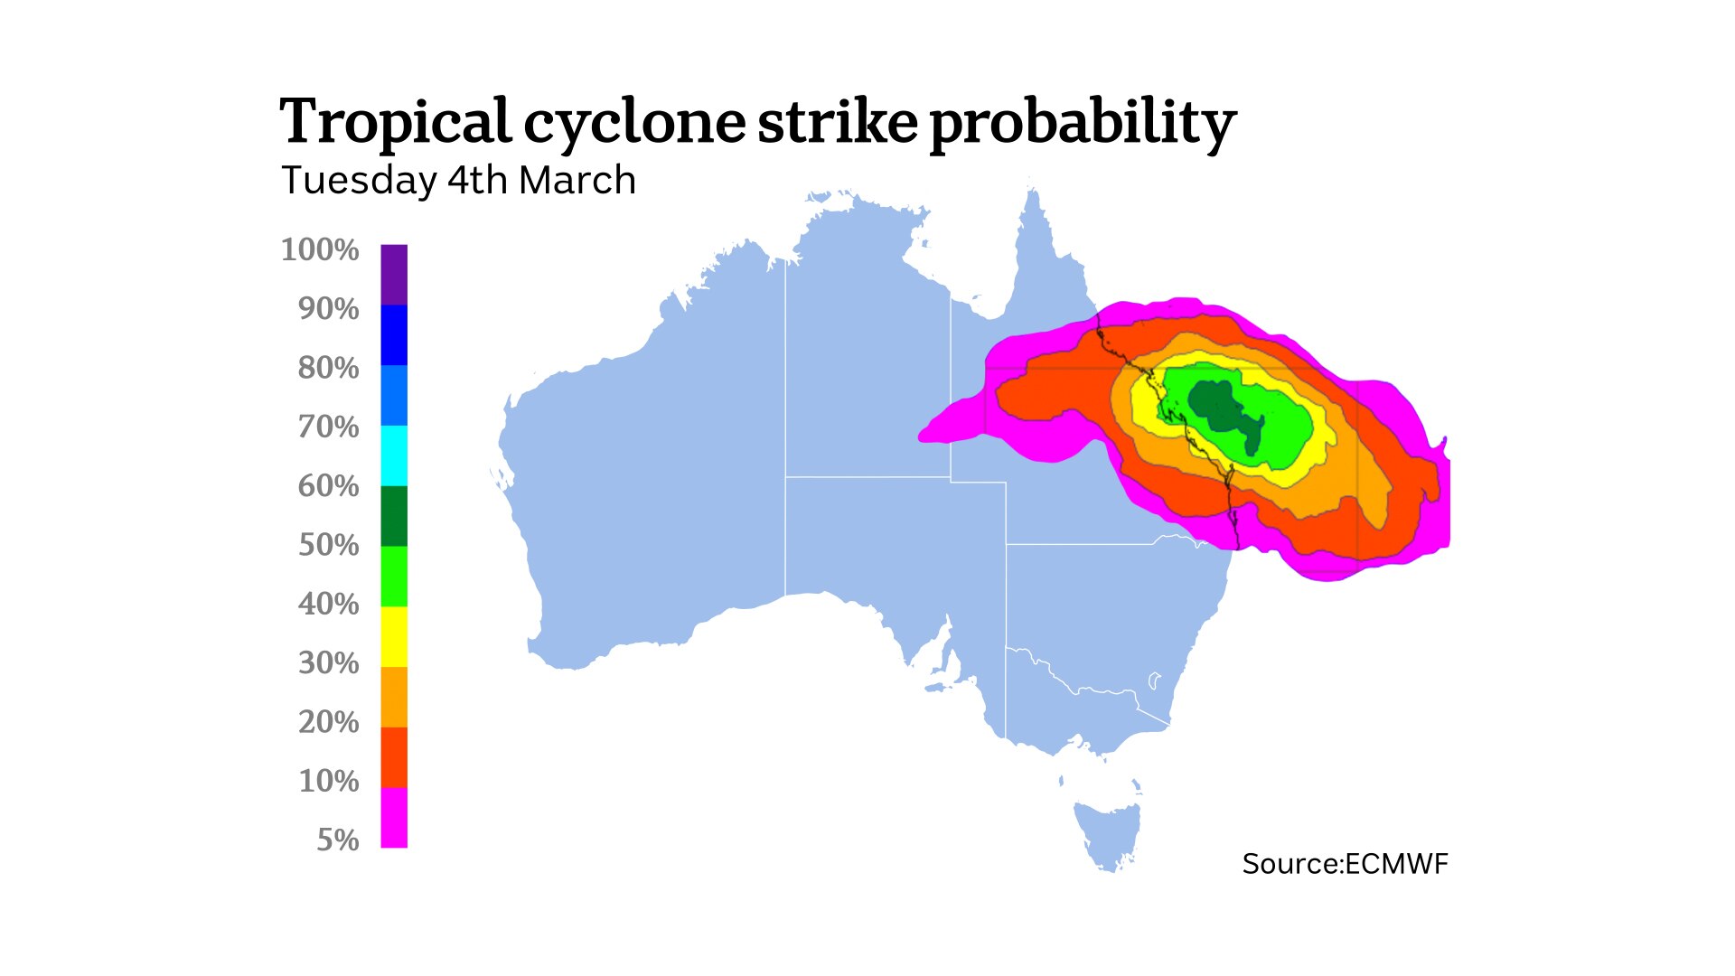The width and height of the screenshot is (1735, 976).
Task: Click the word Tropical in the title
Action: (395, 122)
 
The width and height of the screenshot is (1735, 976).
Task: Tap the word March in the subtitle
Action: (577, 181)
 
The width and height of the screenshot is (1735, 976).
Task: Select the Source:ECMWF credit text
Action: (1345, 864)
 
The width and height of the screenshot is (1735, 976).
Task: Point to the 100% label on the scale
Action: (320, 249)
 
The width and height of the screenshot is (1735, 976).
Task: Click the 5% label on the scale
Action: (338, 840)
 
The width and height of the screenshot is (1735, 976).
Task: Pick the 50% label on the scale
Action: (329, 545)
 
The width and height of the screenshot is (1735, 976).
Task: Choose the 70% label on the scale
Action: (329, 427)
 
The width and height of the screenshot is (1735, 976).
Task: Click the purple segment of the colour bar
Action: (394, 274)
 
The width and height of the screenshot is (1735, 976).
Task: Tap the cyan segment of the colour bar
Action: (394, 455)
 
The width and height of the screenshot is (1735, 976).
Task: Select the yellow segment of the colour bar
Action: (394, 636)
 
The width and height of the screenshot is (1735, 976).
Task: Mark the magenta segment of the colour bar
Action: (394, 818)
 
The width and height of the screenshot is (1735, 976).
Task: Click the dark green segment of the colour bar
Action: (394, 516)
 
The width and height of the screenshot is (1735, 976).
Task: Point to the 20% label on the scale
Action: (329, 722)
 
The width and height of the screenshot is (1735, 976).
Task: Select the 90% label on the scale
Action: (329, 309)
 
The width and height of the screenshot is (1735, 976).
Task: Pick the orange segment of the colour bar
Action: (394, 697)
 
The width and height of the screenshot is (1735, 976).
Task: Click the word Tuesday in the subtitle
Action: (359, 181)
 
